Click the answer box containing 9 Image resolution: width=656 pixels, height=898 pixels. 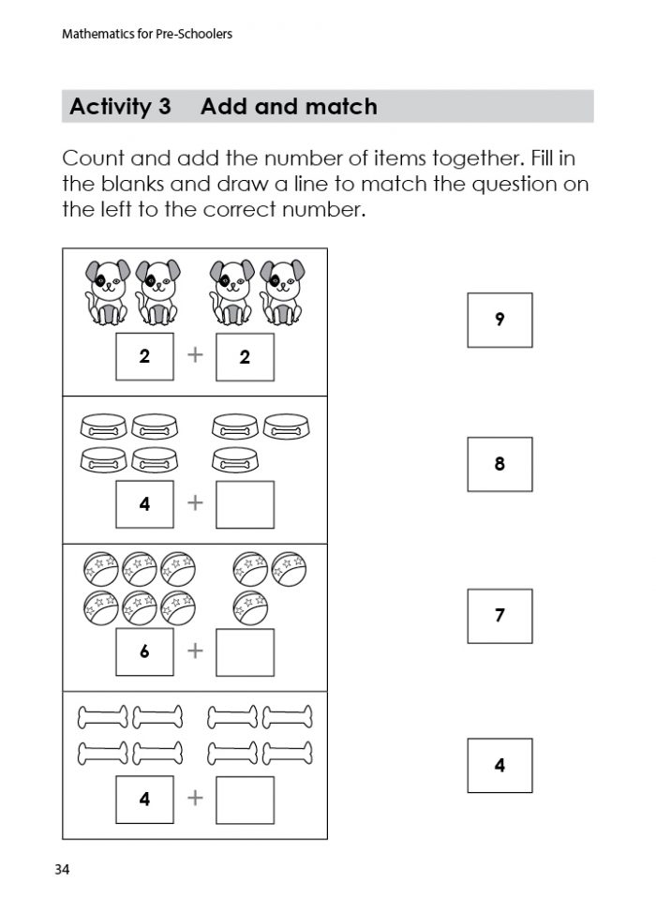(x=499, y=320)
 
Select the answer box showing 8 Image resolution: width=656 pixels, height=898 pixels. (x=499, y=464)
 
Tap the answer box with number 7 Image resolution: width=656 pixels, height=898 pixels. (x=499, y=616)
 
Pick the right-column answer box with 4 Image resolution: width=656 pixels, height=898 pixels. (x=499, y=766)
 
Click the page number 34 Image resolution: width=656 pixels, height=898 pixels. (x=62, y=870)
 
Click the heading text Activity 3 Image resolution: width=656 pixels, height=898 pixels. (x=120, y=107)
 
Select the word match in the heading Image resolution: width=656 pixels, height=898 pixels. (x=344, y=107)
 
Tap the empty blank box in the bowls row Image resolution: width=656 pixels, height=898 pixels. (x=245, y=504)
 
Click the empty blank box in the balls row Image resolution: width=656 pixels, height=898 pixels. (x=245, y=652)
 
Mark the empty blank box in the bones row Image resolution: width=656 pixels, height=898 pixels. (x=245, y=800)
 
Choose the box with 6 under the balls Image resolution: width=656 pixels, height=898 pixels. (x=144, y=652)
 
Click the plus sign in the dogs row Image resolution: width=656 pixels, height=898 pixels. (x=195, y=356)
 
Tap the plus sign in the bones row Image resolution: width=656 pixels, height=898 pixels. (x=195, y=799)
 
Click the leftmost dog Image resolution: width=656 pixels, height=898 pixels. (x=107, y=291)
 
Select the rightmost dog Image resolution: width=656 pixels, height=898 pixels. (x=281, y=291)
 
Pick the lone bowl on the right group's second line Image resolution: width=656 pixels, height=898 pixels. (x=234, y=459)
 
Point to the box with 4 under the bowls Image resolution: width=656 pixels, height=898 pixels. (x=144, y=504)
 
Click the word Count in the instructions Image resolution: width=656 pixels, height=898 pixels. (x=95, y=158)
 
